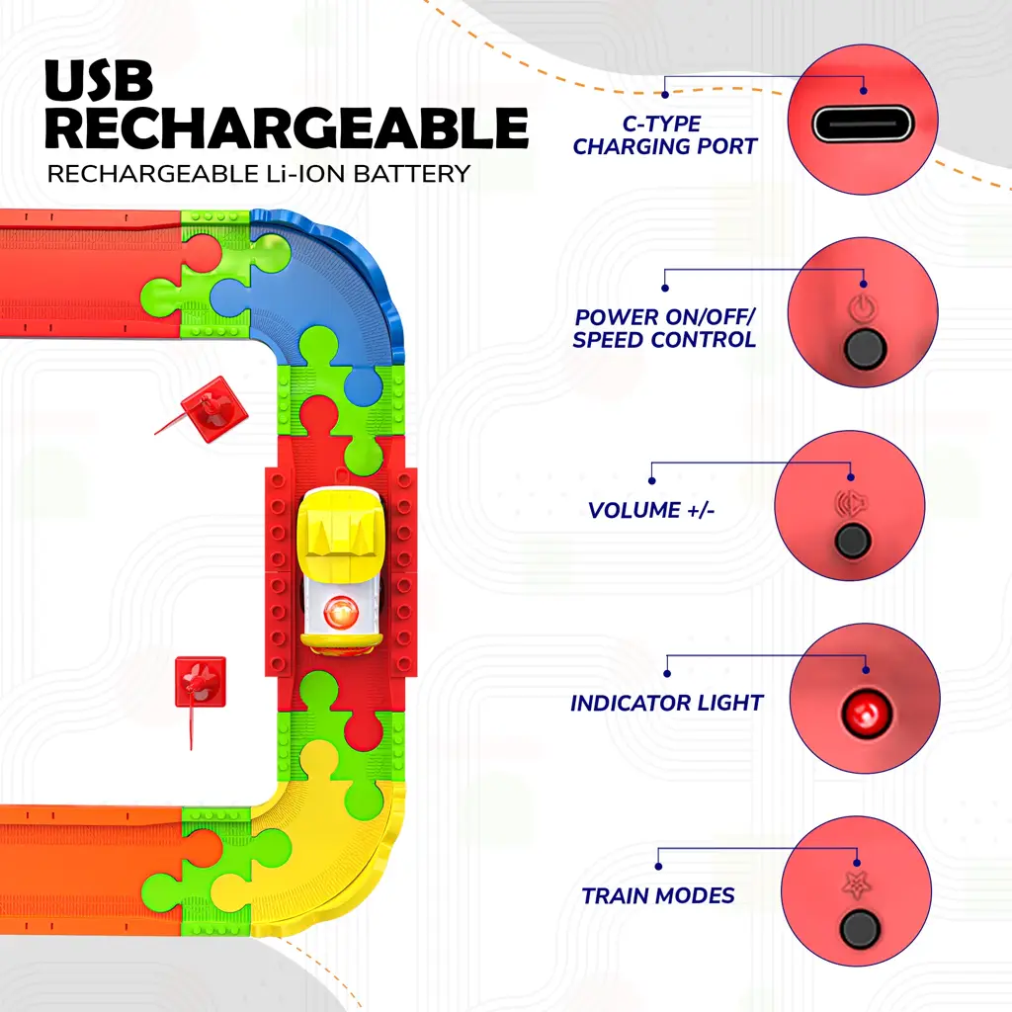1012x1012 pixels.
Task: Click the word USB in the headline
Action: click(x=99, y=80)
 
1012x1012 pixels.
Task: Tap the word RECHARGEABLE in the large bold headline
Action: click(x=288, y=127)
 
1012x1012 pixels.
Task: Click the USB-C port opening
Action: click(x=863, y=124)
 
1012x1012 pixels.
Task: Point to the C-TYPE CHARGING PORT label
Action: click(x=664, y=134)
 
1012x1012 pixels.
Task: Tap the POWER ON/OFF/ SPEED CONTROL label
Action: click(x=664, y=328)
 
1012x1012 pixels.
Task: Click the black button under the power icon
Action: click(x=864, y=349)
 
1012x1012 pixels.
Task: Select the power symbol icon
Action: click(x=863, y=308)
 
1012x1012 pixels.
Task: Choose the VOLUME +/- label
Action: click(x=651, y=511)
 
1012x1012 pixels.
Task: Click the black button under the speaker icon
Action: click(x=852, y=541)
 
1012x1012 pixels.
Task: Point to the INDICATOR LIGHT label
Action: click(x=667, y=703)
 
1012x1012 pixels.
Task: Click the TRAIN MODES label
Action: click(x=657, y=895)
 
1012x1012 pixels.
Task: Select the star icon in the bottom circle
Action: click(x=857, y=885)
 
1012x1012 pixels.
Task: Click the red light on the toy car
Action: click(x=341, y=612)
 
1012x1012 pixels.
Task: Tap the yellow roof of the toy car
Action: click(x=342, y=524)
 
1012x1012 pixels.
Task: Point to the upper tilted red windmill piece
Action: click(x=213, y=409)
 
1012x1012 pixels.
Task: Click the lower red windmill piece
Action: click(x=200, y=683)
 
